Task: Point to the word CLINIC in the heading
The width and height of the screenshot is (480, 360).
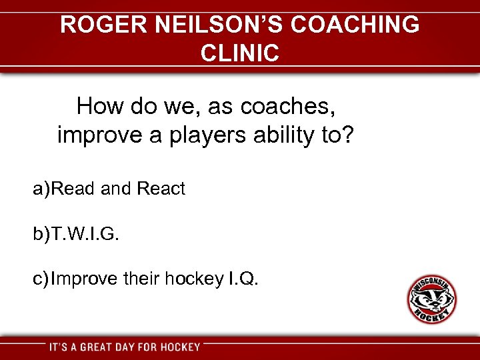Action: click(x=239, y=53)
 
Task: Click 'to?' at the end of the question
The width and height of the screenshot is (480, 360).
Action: click(x=338, y=135)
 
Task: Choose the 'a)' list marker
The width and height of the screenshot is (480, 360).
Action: click(x=41, y=189)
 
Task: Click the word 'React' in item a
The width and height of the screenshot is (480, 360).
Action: click(x=161, y=189)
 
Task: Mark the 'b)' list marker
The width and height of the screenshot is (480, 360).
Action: click(x=41, y=234)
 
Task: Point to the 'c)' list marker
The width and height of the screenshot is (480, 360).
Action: click(x=41, y=279)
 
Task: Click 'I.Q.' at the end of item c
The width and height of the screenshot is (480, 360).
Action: click(x=242, y=279)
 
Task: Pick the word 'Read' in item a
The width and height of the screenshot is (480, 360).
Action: click(x=73, y=189)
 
